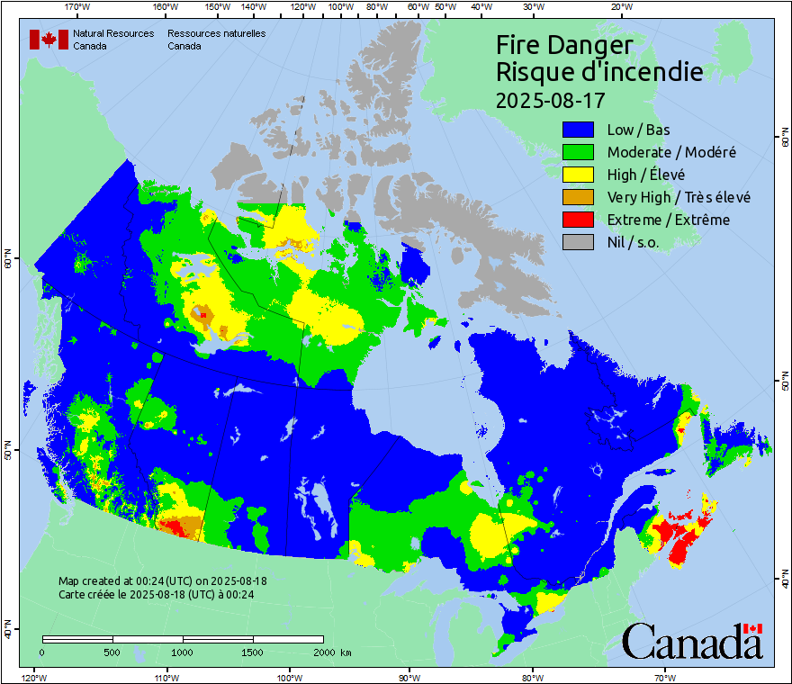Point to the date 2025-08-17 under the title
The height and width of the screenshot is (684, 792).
click(x=550, y=98)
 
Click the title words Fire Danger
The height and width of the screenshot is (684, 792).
click(x=564, y=46)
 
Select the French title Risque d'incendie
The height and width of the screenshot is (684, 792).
click(x=599, y=72)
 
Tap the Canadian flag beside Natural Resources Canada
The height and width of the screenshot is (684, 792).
click(x=49, y=40)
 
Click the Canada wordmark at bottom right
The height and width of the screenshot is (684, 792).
click(x=692, y=641)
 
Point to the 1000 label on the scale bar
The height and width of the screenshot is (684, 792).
click(x=183, y=652)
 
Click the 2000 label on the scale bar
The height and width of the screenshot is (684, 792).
click(x=320, y=652)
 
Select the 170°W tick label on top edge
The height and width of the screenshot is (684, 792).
click(x=78, y=7)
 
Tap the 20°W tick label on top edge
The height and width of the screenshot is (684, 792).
click(x=619, y=7)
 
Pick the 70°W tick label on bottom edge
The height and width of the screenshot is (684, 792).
click(x=665, y=677)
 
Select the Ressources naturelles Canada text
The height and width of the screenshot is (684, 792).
click(x=216, y=40)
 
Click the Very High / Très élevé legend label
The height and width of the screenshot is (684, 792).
click(x=679, y=197)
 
